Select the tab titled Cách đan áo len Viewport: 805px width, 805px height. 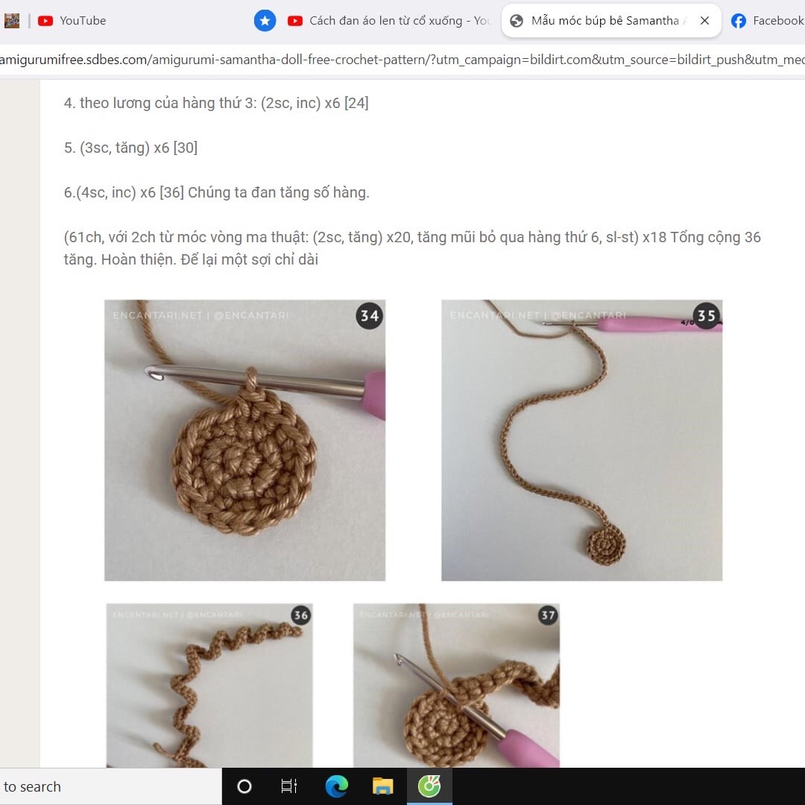pos(388,21)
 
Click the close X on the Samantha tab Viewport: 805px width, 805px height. pos(704,21)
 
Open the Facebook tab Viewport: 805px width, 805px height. pos(768,21)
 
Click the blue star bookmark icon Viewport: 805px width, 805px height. pos(265,21)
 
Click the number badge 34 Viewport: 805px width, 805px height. pos(370,316)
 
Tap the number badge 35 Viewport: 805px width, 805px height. pos(706,316)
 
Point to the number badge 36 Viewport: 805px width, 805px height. pos(300,616)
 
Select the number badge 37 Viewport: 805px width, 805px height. pos(548,616)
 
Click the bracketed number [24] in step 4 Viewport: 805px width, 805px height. pos(356,103)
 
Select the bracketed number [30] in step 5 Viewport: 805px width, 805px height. pos(185,148)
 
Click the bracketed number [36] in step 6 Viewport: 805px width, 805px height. pos(171,192)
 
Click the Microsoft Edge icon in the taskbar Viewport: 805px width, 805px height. pos(337,786)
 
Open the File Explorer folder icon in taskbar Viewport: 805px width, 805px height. pos(382,786)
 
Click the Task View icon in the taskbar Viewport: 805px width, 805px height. pos(289,786)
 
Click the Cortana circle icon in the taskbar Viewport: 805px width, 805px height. pos(244,786)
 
